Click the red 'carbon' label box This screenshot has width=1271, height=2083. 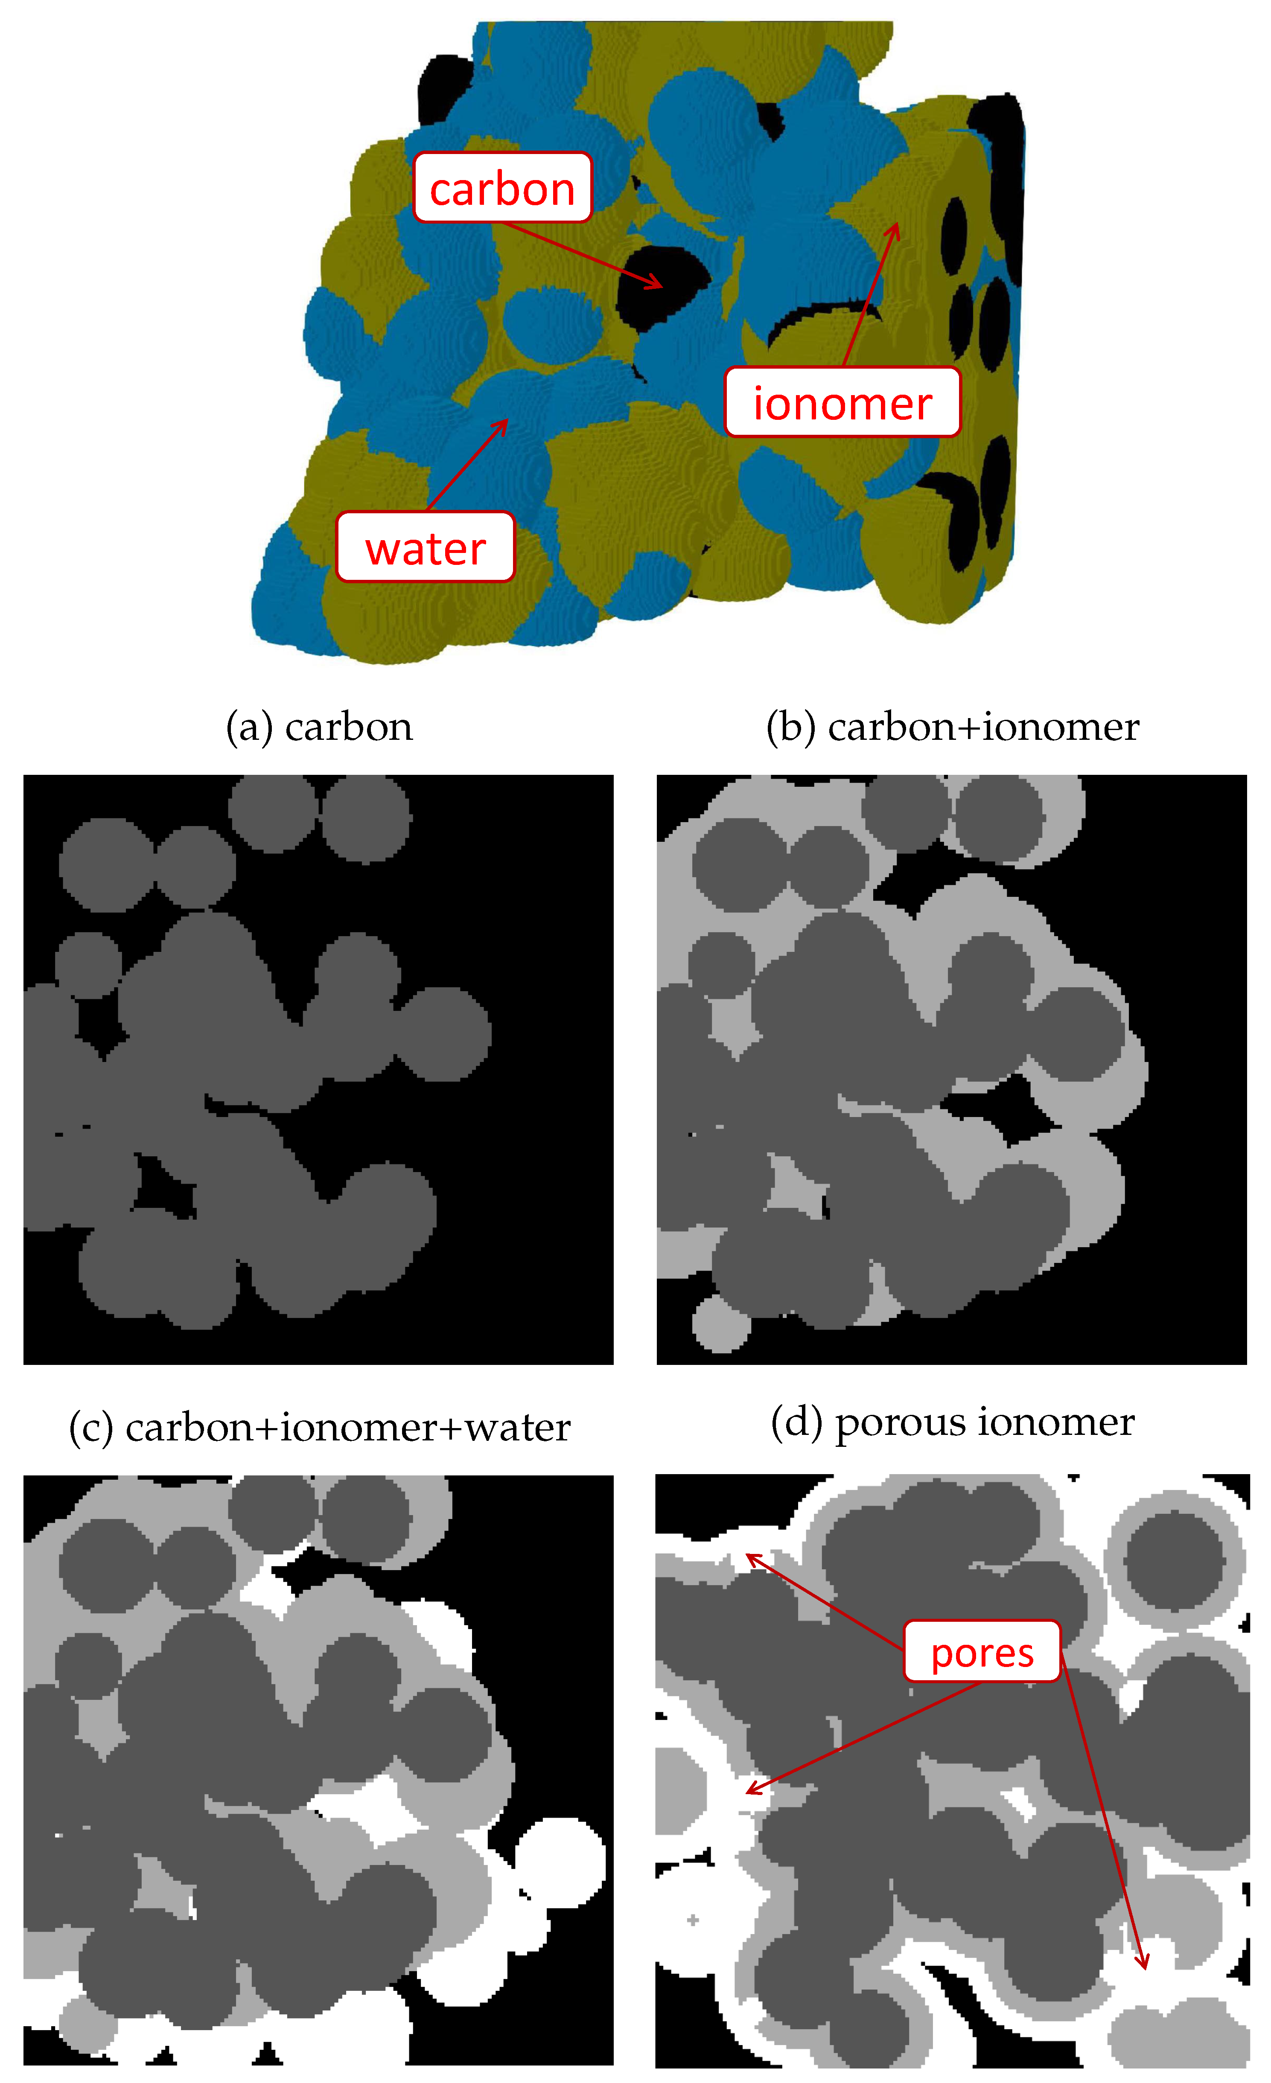[x=502, y=188]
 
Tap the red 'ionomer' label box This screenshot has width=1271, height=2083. [x=842, y=402]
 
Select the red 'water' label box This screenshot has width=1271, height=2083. [x=426, y=547]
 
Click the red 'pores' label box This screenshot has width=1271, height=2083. [x=982, y=1651]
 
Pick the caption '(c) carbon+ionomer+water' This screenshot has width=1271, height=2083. [x=320, y=1428]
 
